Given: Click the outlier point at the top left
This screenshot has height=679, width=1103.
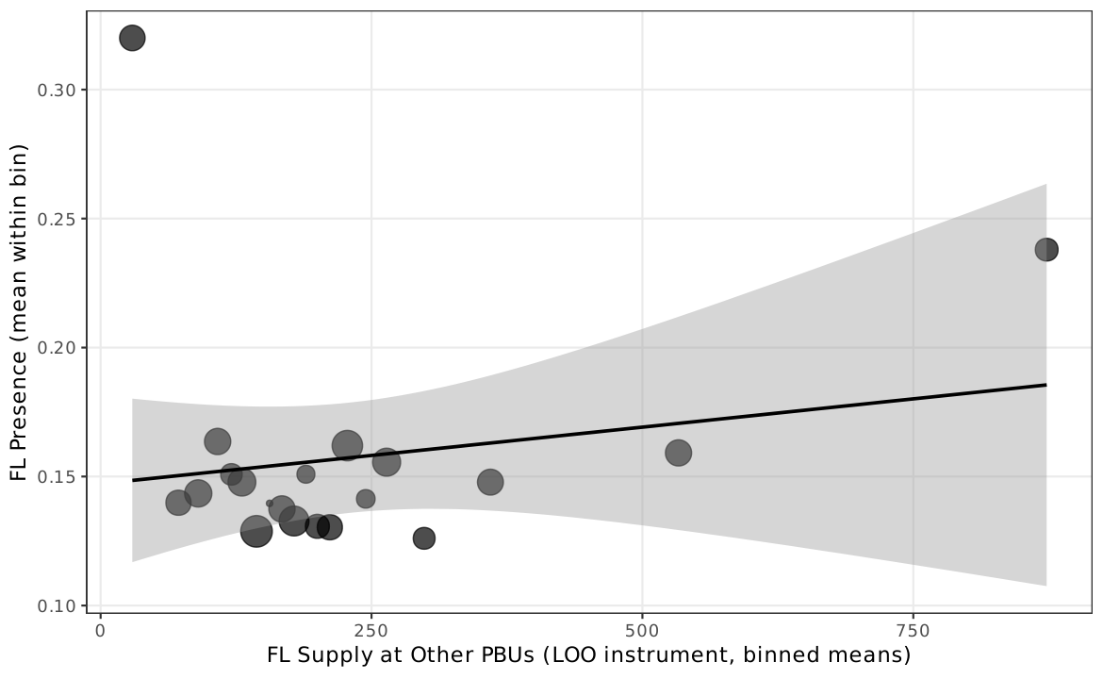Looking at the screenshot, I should (x=132, y=38).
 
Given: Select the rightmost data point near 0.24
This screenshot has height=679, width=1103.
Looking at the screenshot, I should (x=1046, y=250).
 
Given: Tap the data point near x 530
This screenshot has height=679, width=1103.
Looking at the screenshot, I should (x=678, y=453).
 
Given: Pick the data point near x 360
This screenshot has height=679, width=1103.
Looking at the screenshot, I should (x=490, y=482).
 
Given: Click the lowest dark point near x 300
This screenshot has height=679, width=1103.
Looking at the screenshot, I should (x=424, y=538).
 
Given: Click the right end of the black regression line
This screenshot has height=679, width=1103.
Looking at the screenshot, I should (x=1045, y=385).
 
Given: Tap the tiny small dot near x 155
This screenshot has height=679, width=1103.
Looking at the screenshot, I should (x=270, y=504).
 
